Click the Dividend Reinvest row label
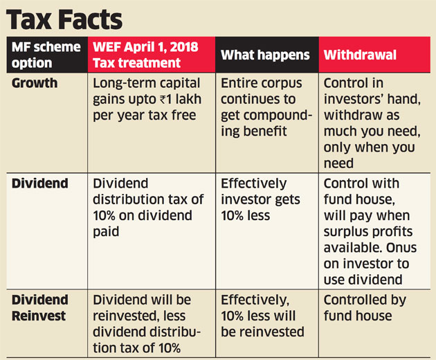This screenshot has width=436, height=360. click(40, 308)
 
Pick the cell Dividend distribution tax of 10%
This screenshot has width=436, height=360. click(148, 207)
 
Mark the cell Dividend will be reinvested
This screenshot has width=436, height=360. click(149, 323)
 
